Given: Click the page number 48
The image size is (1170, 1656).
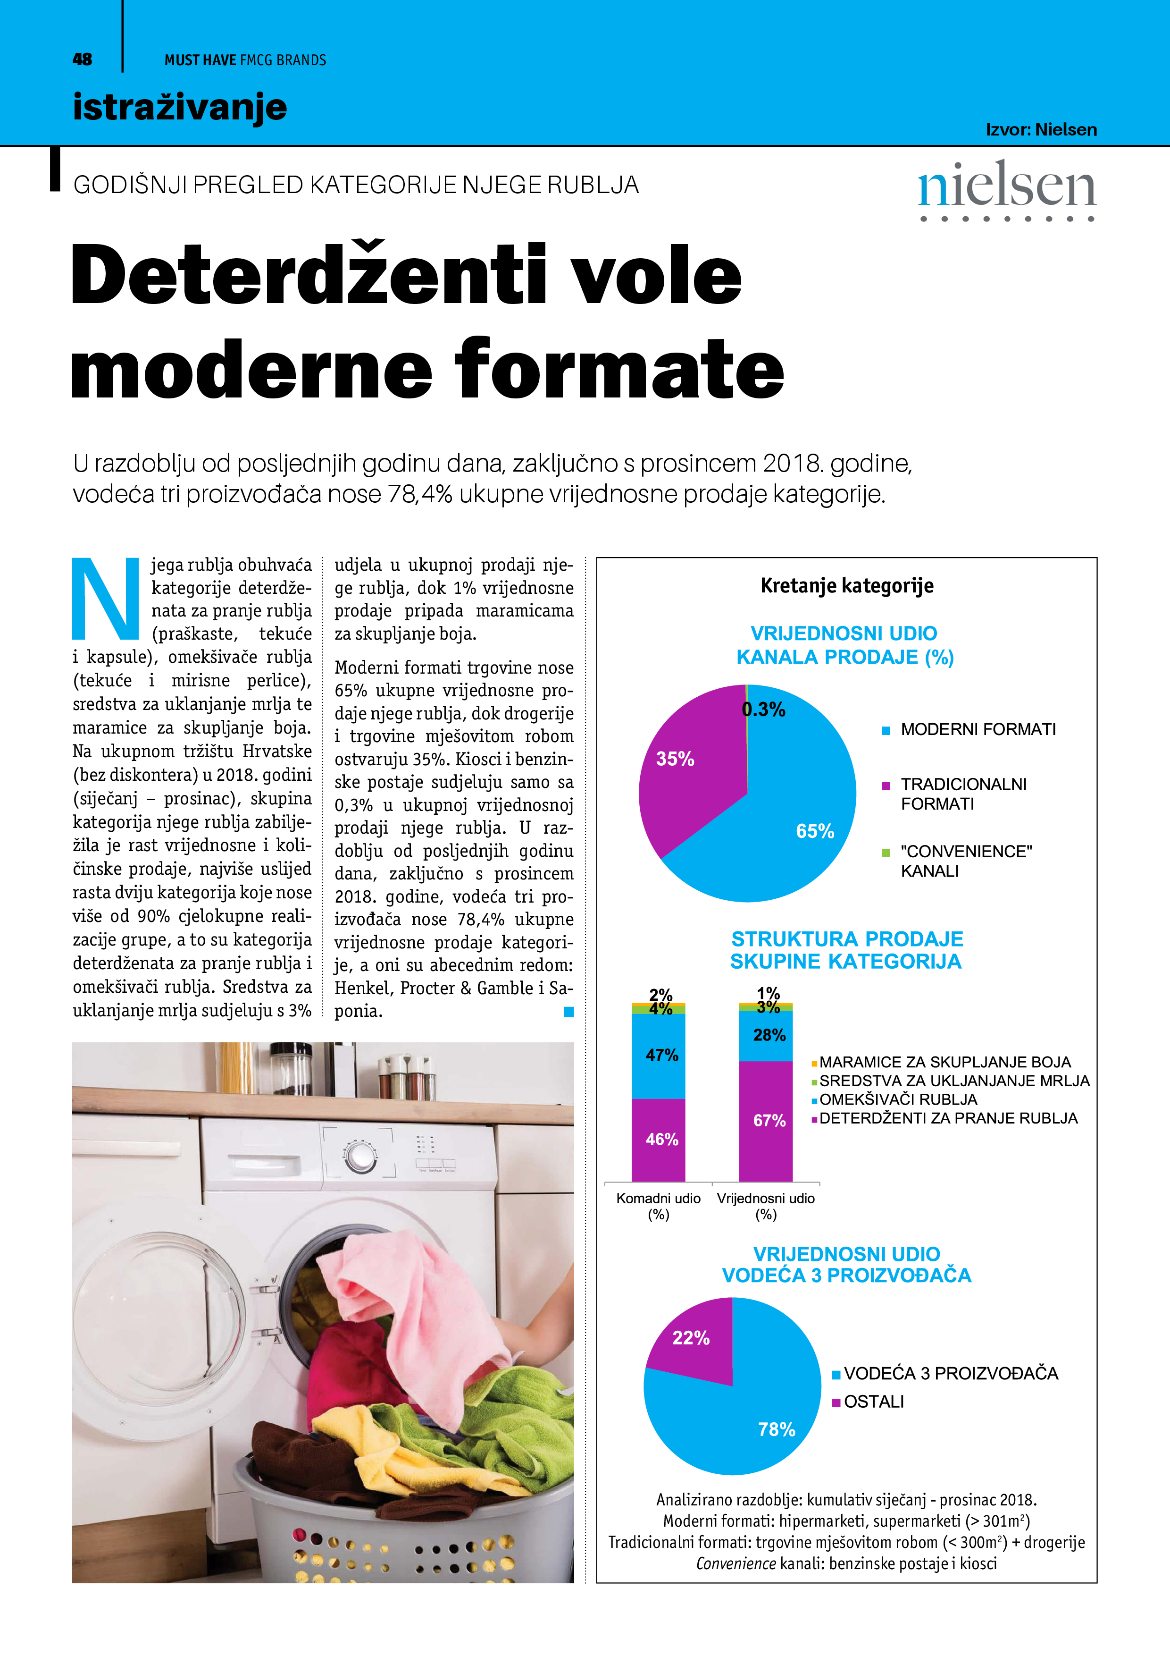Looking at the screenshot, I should coord(82,60).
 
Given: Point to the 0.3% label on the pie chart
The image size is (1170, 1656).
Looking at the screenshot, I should coord(763,710).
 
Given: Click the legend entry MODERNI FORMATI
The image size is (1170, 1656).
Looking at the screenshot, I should coord(978,729).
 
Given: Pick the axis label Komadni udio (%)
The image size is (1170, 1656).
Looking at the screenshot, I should coord(658,1206).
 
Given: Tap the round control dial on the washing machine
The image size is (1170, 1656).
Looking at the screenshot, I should coord(358,1156).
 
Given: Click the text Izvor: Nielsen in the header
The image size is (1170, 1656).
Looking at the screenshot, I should coord(1040,130).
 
